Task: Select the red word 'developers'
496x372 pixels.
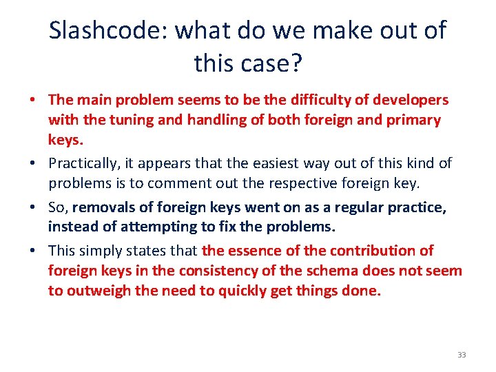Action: pyautogui.click(x=411, y=101)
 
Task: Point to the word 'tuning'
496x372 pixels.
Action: pyautogui.click(x=123, y=121)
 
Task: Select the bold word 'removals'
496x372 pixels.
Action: pyautogui.click(x=101, y=207)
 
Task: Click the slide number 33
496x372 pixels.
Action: pyautogui.click(x=461, y=355)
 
